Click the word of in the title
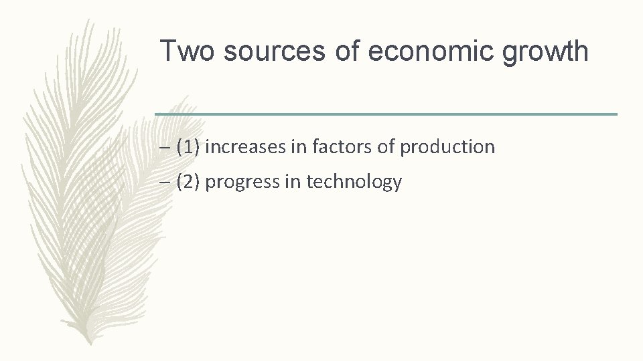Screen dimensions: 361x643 (348, 51)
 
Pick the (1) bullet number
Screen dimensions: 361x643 (188, 147)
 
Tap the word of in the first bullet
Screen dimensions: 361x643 (386, 147)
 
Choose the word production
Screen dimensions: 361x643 (447, 147)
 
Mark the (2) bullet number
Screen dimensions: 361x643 (188, 182)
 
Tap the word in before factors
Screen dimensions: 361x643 (299, 147)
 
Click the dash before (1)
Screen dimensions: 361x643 (165, 148)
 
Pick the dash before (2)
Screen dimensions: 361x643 (165, 183)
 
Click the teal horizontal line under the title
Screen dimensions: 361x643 (386, 114)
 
